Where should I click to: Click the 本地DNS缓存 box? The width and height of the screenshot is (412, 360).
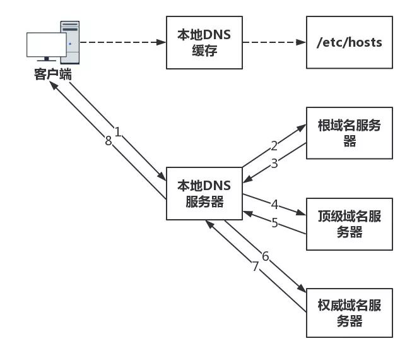tap(204, 43)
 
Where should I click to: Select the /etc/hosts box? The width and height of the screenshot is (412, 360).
tap(349, 43)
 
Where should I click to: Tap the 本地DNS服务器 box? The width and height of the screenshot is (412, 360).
tap(204, 193)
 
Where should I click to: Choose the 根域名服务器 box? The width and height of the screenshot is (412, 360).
tap(349, 133)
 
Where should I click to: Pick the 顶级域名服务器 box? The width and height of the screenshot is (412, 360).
tap(349, 224)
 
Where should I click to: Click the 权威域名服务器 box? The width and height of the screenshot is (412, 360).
tap(349, 313)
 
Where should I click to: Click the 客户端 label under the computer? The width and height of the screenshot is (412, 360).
tap(52, 75)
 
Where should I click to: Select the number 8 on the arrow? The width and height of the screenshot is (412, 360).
tap(108, 141)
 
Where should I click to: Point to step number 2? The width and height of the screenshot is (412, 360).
tap(274, 146)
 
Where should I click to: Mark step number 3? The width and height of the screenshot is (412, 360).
tap(274, 163)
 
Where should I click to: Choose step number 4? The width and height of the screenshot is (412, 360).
tap(274, 204)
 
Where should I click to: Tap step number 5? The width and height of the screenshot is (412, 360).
tap(274, 222)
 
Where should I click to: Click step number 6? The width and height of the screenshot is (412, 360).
tap(265, 256)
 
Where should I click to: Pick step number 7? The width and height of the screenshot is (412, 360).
tap(256, 267)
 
